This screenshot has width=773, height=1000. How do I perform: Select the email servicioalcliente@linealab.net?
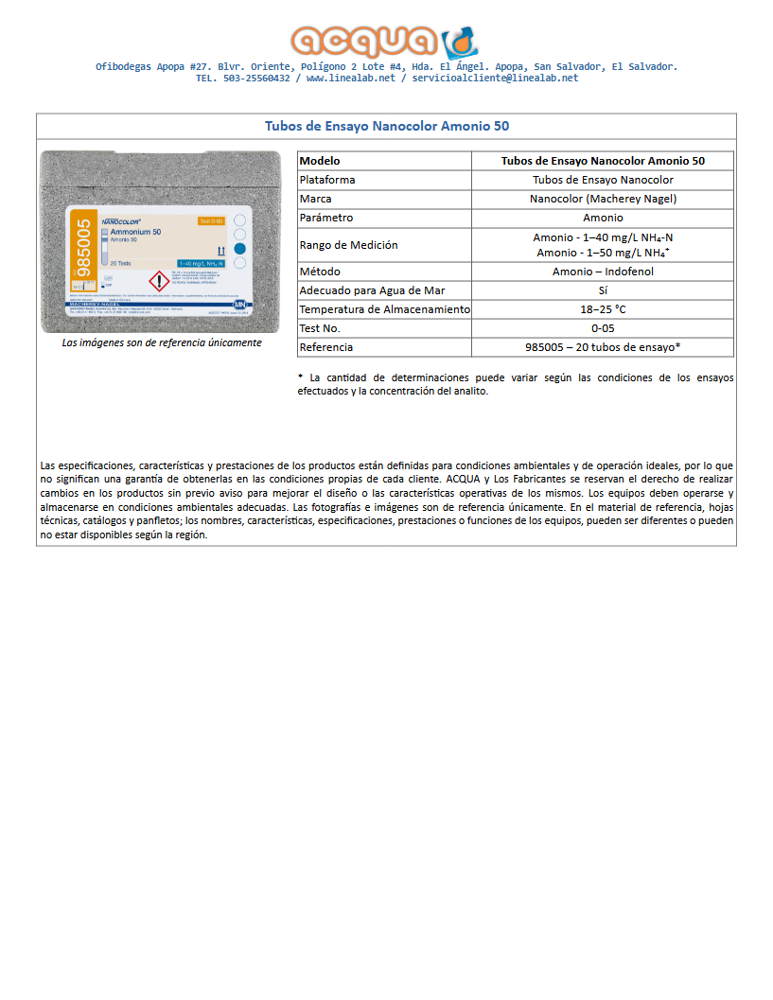coord(495,79)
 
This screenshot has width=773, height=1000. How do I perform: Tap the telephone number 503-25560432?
coord(256,79)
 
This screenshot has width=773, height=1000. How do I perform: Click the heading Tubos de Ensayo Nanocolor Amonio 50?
coord(387,126)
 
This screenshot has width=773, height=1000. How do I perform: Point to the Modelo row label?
coord(320,161)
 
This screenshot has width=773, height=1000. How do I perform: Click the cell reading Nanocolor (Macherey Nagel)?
coord(603,199)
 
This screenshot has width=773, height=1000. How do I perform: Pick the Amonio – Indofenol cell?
coord(603,272)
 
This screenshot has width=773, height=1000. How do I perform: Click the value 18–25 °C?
coord(603,309)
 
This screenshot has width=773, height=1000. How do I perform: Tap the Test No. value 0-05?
coord(603,328)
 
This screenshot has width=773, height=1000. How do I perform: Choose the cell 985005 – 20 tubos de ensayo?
coord(603,347)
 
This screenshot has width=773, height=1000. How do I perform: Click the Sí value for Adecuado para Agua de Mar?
coord(603,290)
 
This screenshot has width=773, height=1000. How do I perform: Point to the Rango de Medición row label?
coord(348,245)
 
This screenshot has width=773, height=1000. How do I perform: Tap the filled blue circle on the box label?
coord(239,249)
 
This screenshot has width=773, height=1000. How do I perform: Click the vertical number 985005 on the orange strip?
coord(82,248)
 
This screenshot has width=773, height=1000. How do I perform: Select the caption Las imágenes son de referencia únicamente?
coord(161,342)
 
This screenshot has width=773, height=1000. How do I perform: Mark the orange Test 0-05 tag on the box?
coord(210,221)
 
